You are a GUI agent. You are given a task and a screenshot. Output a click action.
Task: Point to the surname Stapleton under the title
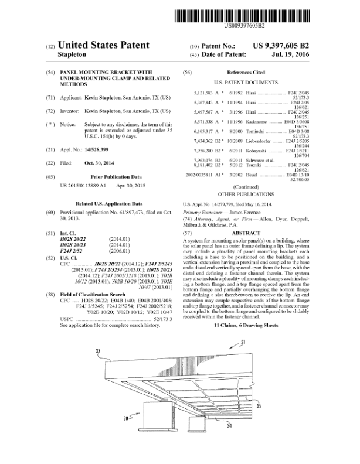(74, 54)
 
